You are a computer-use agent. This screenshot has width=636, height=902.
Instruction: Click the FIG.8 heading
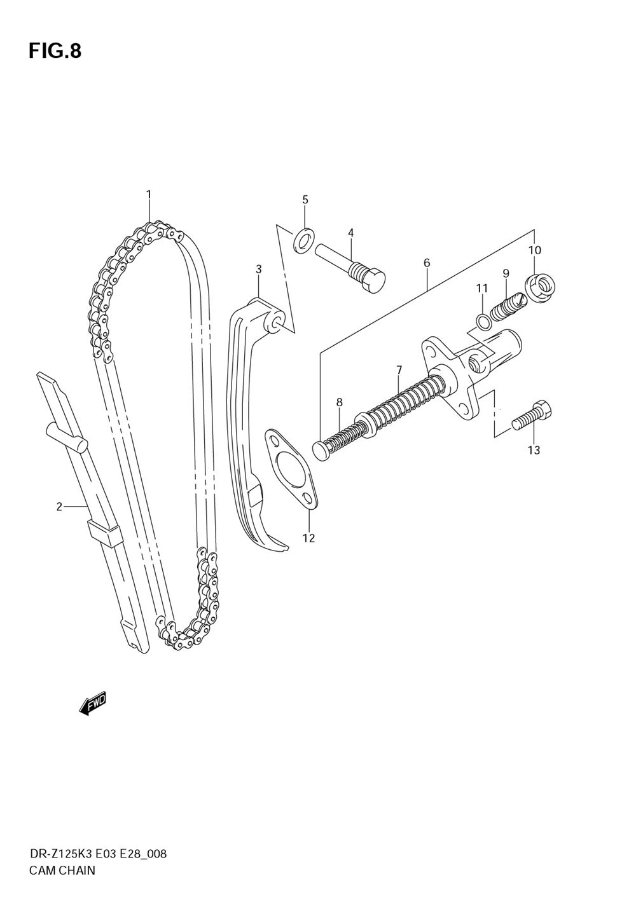pos(55,51)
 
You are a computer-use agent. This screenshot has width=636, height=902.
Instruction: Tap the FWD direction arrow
pos(93,703)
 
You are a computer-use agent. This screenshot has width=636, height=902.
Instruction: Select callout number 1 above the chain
pos(149,195)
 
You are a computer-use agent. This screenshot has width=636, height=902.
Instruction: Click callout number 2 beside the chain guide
pos(59,507)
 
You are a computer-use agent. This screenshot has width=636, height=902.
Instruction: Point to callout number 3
pos(259,270)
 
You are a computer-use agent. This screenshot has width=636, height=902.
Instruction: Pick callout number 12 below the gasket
pos(308,538)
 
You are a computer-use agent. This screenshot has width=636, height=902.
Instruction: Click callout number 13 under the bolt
pos(534,451)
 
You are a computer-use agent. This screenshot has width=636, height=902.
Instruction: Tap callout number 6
pos(427,263)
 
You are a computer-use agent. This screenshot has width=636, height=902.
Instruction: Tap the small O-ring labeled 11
pos(483,321)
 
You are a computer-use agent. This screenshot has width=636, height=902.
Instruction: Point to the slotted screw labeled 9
pos(508,304)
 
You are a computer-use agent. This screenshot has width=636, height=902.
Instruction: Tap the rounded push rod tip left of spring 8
pos(321,450)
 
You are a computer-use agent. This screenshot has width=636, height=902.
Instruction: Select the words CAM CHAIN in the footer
pos(62,870)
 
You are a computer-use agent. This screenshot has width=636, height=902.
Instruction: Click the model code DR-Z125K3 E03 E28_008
pos(98,854)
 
